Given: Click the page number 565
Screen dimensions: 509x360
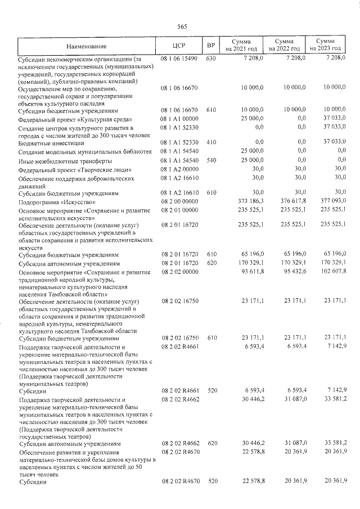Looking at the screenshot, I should tap(182, 26).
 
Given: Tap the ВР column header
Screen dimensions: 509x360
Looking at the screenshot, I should tap(211, 46).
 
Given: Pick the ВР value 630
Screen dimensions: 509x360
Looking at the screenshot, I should tap(211, 58).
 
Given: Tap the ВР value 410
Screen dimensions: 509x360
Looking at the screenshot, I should tap(211, 143).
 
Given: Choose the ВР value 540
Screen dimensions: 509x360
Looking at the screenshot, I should tap(211, 160).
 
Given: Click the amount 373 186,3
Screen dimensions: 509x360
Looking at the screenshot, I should tap(249, 201).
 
